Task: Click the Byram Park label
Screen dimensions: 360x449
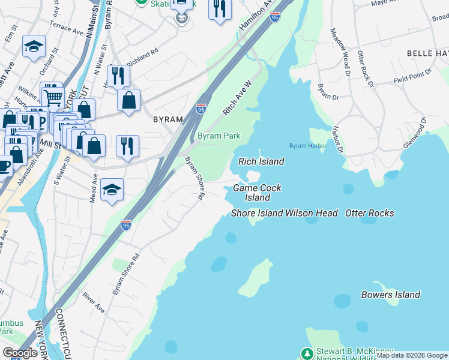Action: pyautogui.click(x=219, y=136)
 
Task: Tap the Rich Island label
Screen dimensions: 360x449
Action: pyautogui.click(x=261, y=161)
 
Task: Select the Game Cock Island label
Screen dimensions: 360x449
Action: pyautogui.click(x=257, y=193)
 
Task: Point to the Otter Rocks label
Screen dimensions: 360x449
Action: pyautogui.click(x=370, y=213)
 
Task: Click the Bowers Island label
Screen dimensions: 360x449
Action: pyautogui.click(x=390, y=295)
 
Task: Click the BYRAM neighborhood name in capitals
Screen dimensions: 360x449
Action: pyautogui.click(x=167, y=119)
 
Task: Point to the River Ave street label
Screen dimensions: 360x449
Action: pyautogui.click(x=94, y=302)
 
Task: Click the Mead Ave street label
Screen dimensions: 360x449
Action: pyautogui.click(x=94, y=188)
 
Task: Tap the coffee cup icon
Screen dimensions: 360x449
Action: pyautogui.click(x=4, y=166)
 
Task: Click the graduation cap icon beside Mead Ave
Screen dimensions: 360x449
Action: pyautogui.click(x=112, y=190)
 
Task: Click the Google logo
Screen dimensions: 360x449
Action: pyautogui.click(x=20, y=353)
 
